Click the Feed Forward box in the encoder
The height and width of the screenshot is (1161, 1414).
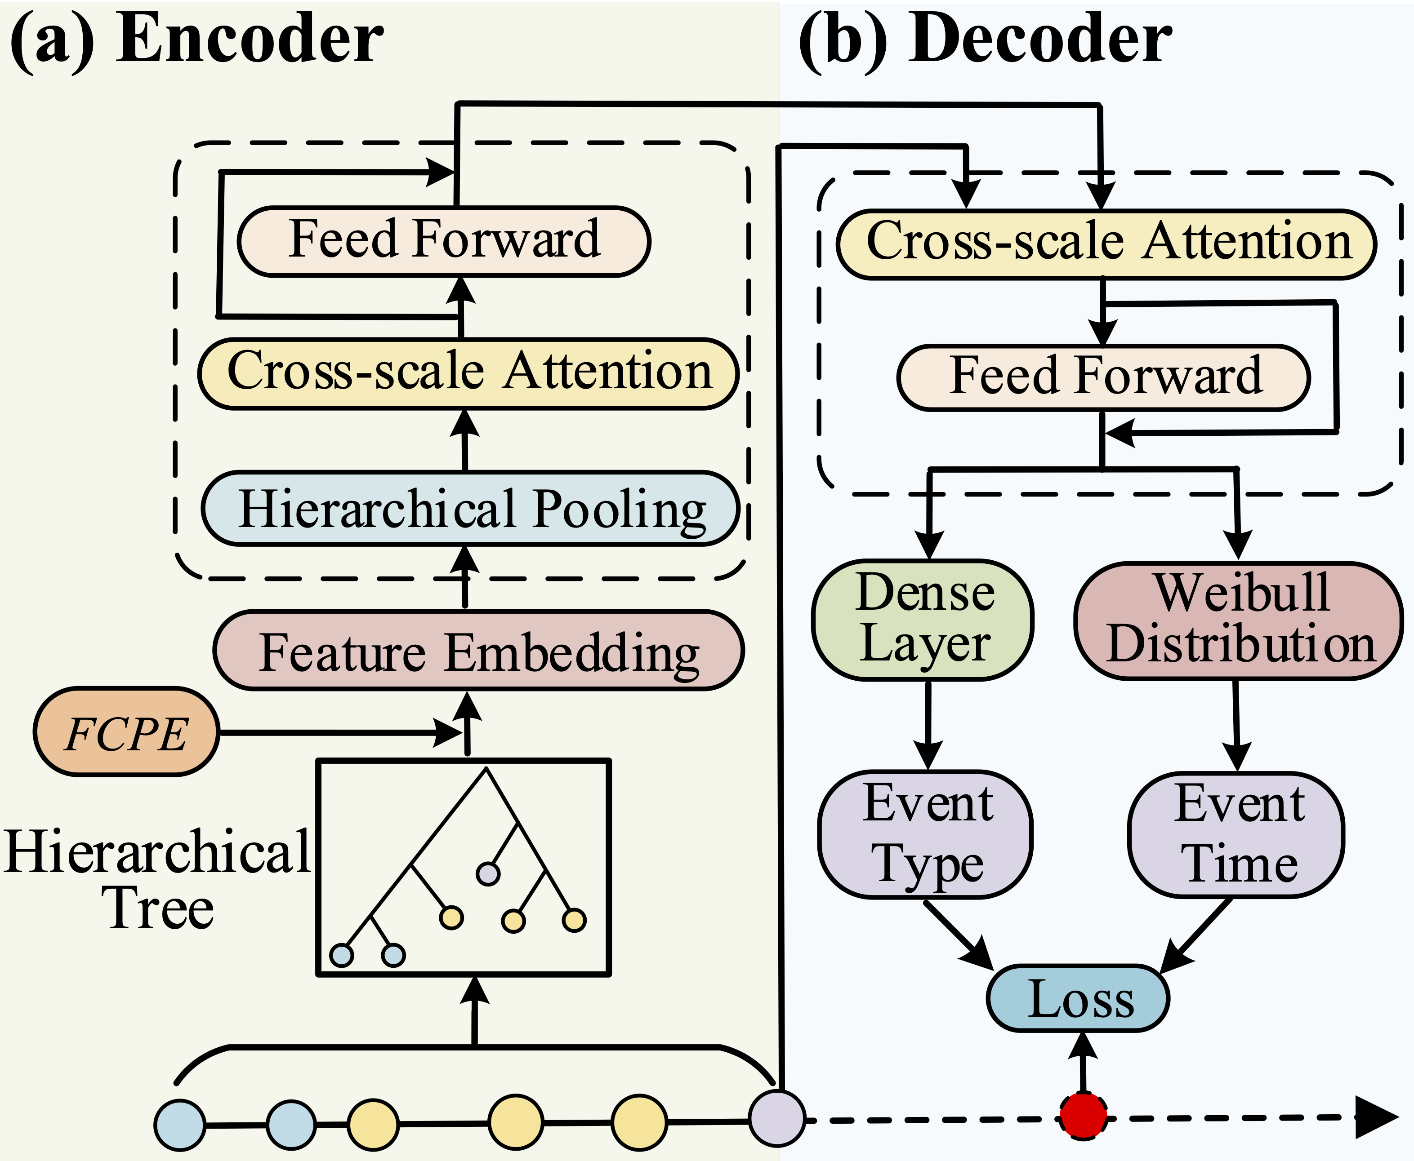444,241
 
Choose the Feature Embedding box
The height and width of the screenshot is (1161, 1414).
478,650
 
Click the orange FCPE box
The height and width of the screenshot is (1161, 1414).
126,731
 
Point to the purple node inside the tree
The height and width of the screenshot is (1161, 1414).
488,873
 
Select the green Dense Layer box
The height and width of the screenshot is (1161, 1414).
923,620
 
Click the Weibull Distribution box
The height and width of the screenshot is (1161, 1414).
1239,620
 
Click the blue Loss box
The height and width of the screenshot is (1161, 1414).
1078,998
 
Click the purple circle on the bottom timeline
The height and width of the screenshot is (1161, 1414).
776,1117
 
